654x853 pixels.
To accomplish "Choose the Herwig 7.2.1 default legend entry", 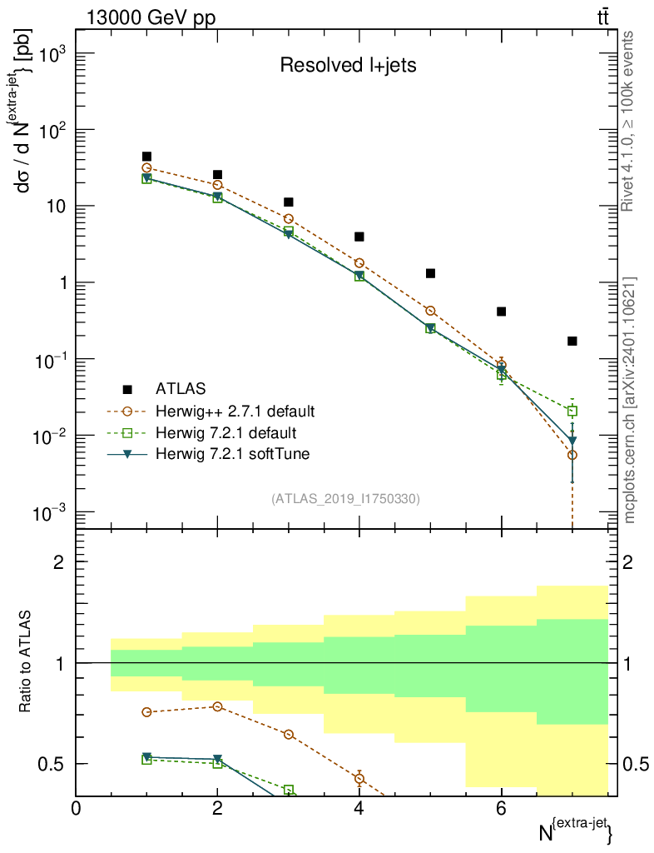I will pos(225,432).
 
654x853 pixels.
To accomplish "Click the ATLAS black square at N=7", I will pos(572,341).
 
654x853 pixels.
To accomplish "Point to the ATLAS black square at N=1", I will pos(147,157).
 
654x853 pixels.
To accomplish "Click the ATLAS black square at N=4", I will pos(359,237).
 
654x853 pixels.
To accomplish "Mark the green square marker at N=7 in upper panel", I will pos(572,411).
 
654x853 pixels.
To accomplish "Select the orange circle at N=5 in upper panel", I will pos(430,311).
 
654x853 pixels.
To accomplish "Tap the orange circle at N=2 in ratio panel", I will pos(218,706).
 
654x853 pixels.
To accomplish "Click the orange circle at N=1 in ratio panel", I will pos(147,712).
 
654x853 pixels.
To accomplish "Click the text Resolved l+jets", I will pos(348,66).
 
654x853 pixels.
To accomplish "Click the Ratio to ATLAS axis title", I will pos(26,662).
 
